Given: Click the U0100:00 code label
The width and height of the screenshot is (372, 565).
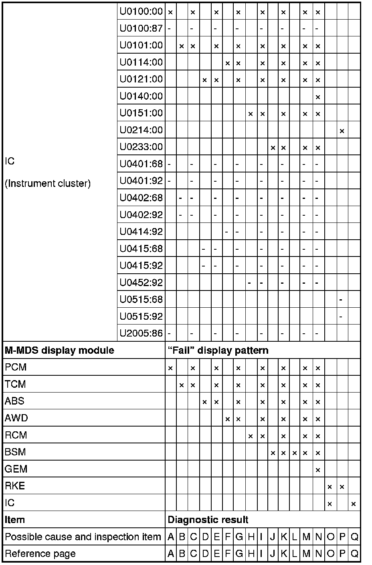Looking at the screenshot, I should coord(141,12).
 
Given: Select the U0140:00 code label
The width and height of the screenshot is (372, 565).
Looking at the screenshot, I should coord(141,96).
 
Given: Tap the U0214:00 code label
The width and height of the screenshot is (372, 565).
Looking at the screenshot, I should coord(141,130).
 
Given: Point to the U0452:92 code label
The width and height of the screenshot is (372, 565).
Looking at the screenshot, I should coord(141,283).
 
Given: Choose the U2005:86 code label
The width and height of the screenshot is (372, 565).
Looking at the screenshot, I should coord(141,333).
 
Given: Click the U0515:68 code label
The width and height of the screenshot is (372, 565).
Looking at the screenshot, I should coord(141,300).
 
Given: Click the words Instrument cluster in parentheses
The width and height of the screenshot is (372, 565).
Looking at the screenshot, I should coord(48,184).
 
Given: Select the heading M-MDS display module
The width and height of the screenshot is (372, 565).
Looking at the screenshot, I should coord(59,351).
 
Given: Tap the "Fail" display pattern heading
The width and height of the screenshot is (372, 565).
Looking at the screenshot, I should coord(218,351).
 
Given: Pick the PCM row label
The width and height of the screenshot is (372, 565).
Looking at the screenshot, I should coord(16,367).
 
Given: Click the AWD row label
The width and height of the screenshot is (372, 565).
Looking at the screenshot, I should coord(16,418).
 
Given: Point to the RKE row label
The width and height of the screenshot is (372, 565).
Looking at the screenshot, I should coord(15,486).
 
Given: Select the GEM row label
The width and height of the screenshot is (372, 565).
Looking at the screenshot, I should coord(16,469).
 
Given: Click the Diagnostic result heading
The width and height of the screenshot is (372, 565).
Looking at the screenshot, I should coord(208,520).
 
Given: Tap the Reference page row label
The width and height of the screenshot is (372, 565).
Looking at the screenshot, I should coord(40,554).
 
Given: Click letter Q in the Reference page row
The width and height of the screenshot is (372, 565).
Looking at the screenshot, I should coord(354,554).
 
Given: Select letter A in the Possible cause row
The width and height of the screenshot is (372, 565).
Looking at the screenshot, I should coord(171,537).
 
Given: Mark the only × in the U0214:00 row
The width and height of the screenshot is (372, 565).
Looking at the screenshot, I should coord(342,131).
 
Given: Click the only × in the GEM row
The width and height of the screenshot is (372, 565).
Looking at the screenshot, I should coord(318,470).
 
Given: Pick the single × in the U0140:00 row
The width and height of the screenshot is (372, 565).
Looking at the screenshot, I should coord(318,97).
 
